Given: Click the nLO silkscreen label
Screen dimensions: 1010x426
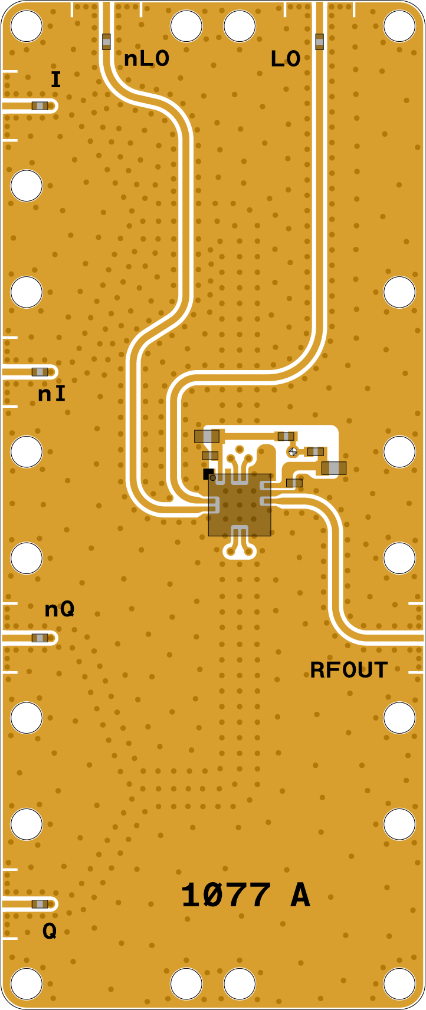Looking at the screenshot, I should [x=146, y=59].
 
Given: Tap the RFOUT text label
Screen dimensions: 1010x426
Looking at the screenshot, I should [x=349, y=670].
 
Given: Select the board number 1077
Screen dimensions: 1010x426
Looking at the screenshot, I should [x=226, y=896].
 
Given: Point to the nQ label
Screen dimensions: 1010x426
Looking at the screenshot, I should [x=60, y=609].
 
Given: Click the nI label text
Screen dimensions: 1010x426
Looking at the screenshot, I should [x=52, y=394].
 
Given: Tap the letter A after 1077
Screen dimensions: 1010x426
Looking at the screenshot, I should [x=300, y=896].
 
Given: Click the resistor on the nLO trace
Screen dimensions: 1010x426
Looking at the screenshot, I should [x=106, y=41].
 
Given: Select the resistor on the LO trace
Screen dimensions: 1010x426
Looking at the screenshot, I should [x=319, y=41].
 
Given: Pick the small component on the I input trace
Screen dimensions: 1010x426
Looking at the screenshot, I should [x=40, y=106].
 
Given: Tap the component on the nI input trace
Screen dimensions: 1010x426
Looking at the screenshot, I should [x=40, y=372].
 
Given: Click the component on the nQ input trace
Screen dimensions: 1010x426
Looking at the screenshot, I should [x=40, y=638].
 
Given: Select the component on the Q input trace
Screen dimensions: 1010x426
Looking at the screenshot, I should [x=40, y=904].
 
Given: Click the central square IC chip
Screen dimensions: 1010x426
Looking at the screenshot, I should [x=240, y=505].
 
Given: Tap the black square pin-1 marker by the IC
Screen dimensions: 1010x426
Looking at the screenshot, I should [x=208, y=473].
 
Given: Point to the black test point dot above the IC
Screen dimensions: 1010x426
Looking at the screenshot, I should [x=293, y=451].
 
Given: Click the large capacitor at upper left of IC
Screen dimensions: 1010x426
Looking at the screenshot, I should [x=207, y=436].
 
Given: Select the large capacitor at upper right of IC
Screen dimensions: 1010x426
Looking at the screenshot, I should [x=334, y=468].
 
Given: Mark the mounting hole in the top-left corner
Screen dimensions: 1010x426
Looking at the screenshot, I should [x=27, y=27].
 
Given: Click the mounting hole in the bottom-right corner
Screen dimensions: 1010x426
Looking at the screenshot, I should [x=399, y=983].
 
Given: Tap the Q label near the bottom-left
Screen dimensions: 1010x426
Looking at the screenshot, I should [x=50, y=931].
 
